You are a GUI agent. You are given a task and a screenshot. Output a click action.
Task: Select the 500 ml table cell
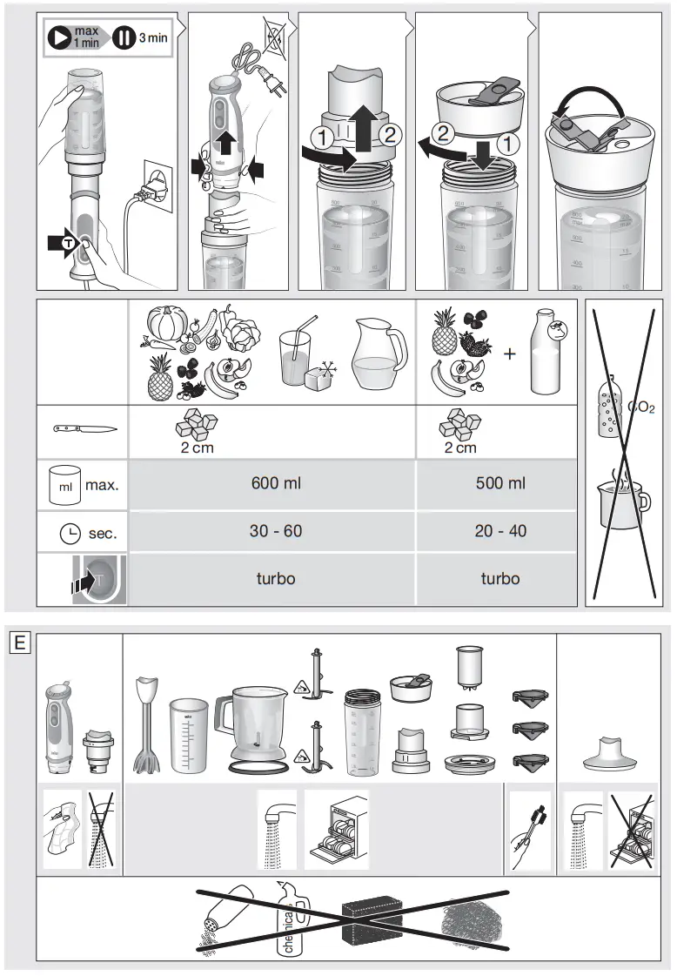point(500,483)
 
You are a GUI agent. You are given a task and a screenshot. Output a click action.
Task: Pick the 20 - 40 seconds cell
point(500,531)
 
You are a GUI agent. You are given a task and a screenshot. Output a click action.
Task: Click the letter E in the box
point(20,644)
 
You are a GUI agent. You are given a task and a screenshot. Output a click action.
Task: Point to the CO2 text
point(640,407)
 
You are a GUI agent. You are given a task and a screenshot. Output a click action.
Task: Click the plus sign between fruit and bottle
point(509,353)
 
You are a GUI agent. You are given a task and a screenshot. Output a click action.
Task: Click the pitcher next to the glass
point(379,353)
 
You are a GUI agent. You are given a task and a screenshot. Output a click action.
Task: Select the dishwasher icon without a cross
point(336,830)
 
